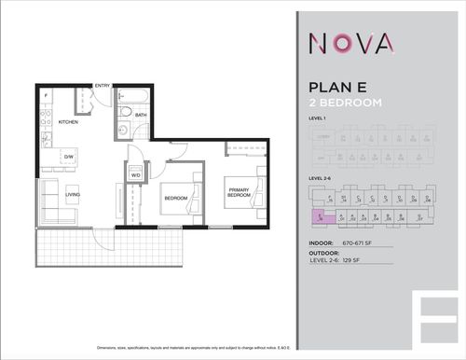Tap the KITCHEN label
68,122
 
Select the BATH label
140,116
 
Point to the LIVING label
73,194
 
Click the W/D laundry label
135,174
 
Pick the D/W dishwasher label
68,156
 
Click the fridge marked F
46,97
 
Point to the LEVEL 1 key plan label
321,120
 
